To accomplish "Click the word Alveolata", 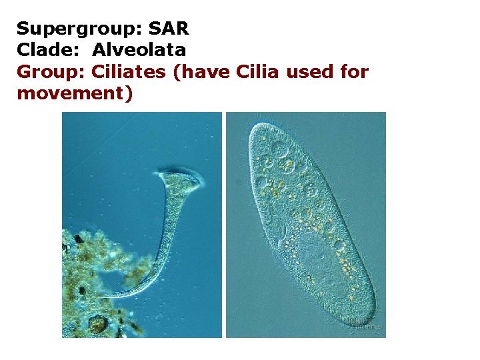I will pos(139,49).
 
